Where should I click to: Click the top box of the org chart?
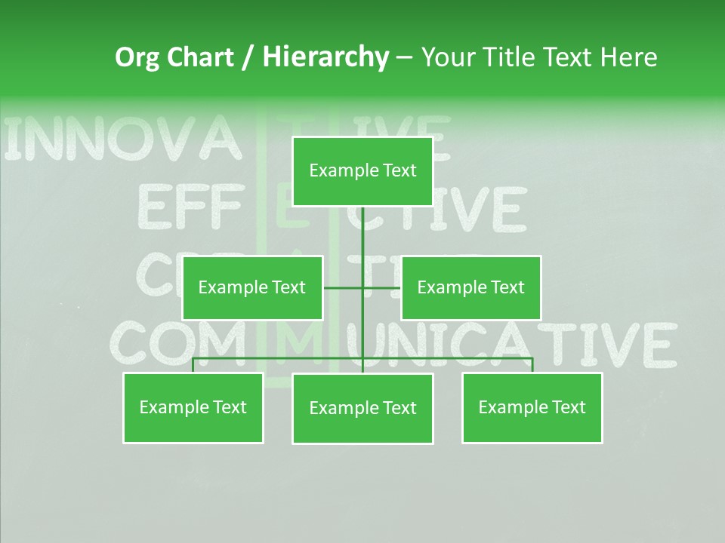pyautogui.click(x=362, y=171)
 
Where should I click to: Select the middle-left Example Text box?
pyautogui.click(x=252, y=287)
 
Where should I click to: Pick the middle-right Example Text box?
pyautogui.click(x=470, y=287)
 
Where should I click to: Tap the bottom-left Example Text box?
pyautogui.click(x=193, y=408)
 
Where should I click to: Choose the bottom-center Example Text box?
pyautogui.click(x=362, y=409)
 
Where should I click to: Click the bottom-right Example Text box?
pyautogui.click(x=532, y=408)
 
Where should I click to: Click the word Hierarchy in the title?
pyautogui.click(x=325, y=57)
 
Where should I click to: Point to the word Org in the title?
pyautogui.click(x=137, y=57)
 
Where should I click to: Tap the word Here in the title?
pyautogui.click(x=628, y=57)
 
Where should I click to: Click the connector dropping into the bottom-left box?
pyautogui.click(x=193, y=365)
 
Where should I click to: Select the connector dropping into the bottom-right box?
pyautogui.click(x=532, y=365)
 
